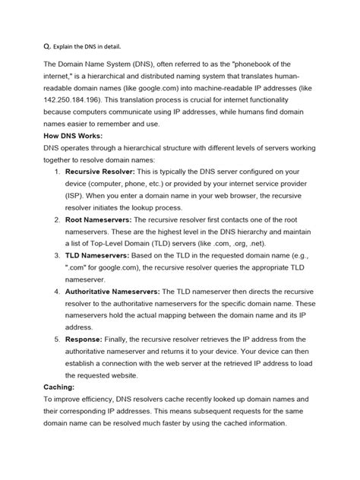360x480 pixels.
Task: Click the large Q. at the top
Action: point(49,45)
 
